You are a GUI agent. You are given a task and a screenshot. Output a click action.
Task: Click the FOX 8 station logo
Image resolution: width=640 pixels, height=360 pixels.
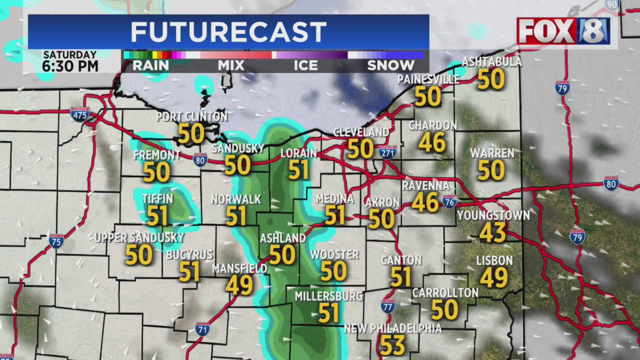pyautogui.click(x=563, y=31)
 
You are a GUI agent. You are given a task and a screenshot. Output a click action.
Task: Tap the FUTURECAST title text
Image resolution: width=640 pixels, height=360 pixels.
pyautogui.click(x=228, y=32)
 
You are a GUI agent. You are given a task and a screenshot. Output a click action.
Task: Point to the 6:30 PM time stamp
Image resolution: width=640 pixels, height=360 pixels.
pyautogui.click(x=70, y=66)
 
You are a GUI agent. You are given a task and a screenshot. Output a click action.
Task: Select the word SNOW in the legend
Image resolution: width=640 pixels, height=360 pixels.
pyautogui.click(x=391, y=66)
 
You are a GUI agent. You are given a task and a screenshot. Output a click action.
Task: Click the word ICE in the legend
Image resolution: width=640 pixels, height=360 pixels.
pyautogui.click(x=305, y=66)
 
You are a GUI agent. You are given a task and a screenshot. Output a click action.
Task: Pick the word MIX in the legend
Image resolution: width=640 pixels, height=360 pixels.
pyautogui.click(x=231, y=66)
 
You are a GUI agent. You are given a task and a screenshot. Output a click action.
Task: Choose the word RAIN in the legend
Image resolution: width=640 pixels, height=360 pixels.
pyautogui.click(x=151, y=66)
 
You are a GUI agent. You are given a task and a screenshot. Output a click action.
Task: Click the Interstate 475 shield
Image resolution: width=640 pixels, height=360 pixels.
pyautogui.click(x=80, y=115)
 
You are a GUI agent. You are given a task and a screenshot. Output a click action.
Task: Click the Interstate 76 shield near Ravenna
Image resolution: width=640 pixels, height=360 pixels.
pyautogui.click(x=449, y=201)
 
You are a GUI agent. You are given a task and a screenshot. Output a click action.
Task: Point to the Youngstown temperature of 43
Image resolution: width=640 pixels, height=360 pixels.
pyautogui.click(x=493, y=232)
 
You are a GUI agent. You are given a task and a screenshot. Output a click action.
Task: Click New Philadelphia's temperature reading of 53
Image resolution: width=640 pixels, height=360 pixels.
pyautogui.click(x=392, y=346)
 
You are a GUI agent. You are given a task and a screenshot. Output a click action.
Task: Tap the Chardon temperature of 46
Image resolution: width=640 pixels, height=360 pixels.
pyautogui.click(x=432, y=142)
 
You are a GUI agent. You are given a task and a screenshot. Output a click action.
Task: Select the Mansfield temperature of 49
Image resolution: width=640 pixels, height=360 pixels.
pyautogui.click(x=239, y=285)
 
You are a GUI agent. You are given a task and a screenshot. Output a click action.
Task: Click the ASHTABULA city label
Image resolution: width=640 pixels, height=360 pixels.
pyautogui.click(x=491, y=62)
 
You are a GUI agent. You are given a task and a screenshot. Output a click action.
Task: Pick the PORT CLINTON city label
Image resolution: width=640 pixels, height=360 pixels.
pyautogui.click(x=192, y=117)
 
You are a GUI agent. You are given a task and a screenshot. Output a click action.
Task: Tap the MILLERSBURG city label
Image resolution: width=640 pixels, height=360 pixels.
pyautogui.click(x=329, y=296)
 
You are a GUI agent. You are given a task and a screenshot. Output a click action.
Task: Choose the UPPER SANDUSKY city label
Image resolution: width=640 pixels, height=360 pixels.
pyautogui.click(x=139, y=238)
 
